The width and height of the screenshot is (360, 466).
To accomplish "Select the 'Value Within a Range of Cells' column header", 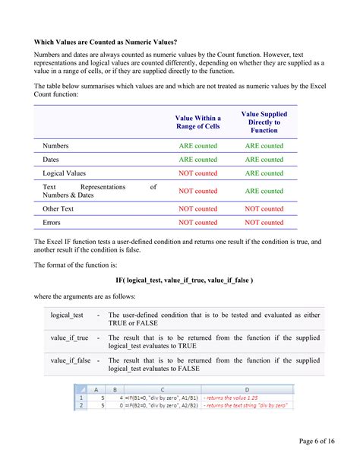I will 197,122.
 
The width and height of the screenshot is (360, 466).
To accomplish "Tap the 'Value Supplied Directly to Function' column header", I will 264,122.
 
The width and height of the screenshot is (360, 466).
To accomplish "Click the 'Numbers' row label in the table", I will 57,145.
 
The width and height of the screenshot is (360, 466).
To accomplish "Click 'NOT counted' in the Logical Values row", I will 197,173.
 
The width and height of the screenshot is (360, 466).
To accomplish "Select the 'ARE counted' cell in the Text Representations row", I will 264,191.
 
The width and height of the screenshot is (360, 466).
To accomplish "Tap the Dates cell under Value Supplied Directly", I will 264,160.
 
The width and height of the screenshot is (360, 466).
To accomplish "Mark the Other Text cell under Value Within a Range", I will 197,208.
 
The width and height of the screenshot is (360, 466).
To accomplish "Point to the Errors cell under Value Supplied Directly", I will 264,223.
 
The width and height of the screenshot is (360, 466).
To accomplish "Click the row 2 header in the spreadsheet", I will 81,406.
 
